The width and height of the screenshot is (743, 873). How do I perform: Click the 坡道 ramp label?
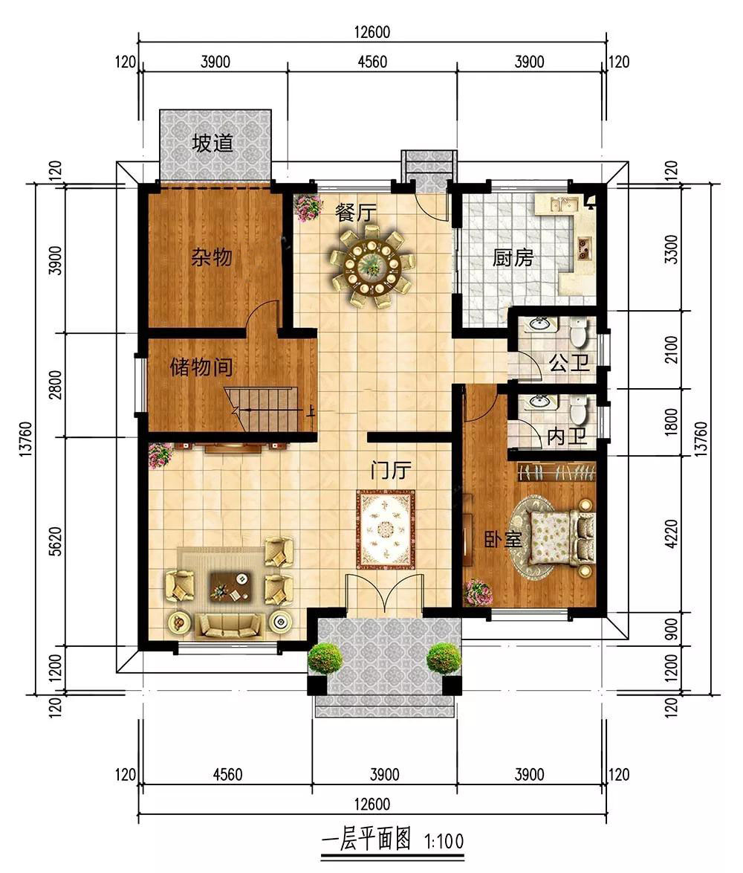pyautogui.click(x=212, y=144)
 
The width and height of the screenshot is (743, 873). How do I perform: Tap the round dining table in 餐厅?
pyautogui.click(x=371, y=269)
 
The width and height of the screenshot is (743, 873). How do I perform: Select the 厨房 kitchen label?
pyautogui.click(x=513, y=258)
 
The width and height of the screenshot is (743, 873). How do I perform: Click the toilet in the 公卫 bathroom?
pyautogui.click(x=579, y=332)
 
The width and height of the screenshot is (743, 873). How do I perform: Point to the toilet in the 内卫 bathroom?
pyautogui.click(x=579, y=410)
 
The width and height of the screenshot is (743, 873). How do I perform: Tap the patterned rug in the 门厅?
pyautogui.click(x=386, y=529)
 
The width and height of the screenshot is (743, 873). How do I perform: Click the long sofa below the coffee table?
pyautogui.click(x=229, y=626)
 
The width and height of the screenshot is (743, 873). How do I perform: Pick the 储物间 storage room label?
pyautogui.click(x=201, y=367)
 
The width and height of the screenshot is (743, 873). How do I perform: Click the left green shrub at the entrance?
pyautogui.click(x=325, y=660)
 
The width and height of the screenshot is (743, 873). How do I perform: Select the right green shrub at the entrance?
pyautogui.click(x=444, y=660)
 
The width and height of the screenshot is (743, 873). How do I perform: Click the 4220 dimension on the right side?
pyautogui.click(x=672, y=534)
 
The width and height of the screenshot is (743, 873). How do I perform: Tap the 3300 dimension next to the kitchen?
pyautogui.click(x=672, y=249)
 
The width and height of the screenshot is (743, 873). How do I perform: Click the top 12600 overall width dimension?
pyautogui.click(x=372, y=32)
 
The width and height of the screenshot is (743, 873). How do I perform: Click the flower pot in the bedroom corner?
pyautogui.click(x=478, y=592)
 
